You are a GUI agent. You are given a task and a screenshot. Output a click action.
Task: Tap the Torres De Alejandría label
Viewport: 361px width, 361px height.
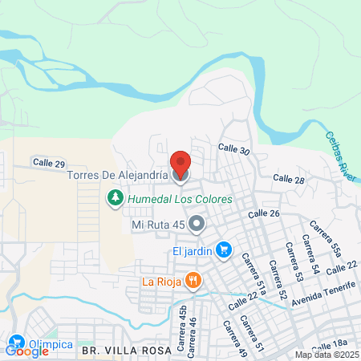117,173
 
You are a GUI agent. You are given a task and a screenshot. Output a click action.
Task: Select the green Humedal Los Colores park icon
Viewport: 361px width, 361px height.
115,197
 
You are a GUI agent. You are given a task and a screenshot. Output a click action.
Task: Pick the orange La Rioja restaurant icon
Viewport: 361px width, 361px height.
193,280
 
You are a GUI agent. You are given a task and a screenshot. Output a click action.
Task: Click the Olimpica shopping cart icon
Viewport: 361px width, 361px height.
15,340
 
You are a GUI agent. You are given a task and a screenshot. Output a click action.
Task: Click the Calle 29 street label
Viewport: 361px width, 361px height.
49,162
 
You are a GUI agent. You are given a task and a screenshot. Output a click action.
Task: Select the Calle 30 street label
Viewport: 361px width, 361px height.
234,149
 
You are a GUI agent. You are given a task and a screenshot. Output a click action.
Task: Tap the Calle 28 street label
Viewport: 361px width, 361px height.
288,179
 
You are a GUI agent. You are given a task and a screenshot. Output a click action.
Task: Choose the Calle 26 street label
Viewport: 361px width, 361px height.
263,214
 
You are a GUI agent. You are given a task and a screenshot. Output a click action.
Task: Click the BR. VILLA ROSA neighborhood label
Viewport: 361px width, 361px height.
126,351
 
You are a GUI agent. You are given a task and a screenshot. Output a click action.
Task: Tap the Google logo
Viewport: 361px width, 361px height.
26,351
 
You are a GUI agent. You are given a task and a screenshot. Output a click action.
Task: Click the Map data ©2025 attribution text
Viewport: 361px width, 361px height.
322,355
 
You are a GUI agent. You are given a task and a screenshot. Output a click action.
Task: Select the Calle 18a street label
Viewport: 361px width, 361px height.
330,344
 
